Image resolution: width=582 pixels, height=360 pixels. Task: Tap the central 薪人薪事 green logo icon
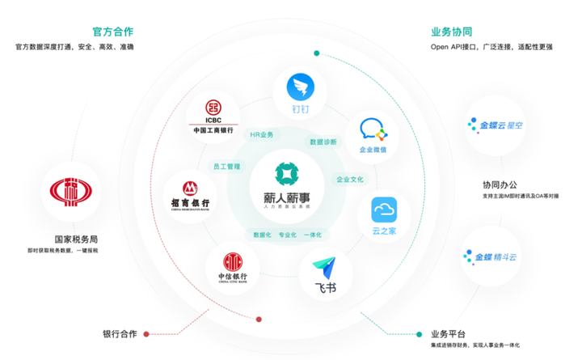[x=286, y=173]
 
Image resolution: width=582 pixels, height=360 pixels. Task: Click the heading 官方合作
[x=113, y=32]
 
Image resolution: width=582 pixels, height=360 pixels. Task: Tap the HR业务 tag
[x=262, y=134]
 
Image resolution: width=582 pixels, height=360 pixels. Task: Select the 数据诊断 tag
[x=323, y=142]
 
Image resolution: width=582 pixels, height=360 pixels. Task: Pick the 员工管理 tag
[x=226, y=167]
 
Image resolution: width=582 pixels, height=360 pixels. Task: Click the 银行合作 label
[x=120, y=333]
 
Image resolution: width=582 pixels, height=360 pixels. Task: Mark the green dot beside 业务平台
[x=420, y=333]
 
